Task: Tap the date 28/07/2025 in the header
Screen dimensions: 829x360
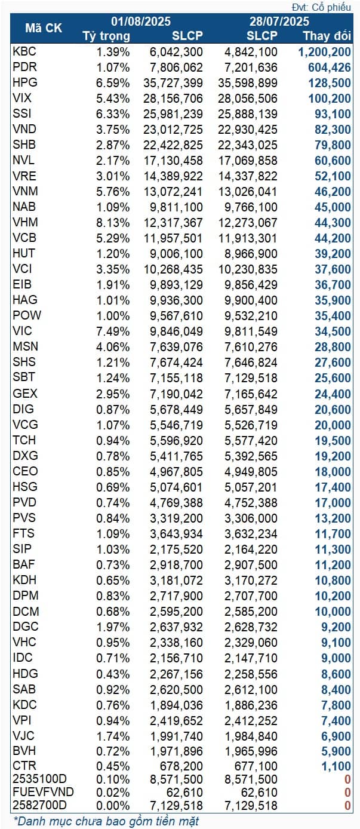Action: [279, 22]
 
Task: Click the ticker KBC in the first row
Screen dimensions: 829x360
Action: [24, 51]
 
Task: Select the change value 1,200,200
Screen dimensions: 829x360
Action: [324, 51]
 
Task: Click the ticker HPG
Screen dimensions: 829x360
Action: [24, 82]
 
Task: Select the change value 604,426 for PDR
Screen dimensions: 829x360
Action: [330, 67]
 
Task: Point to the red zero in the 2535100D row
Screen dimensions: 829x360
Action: [347, 779]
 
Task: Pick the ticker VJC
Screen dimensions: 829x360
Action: [24, 735]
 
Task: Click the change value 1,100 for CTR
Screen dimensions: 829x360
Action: [337, 766]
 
